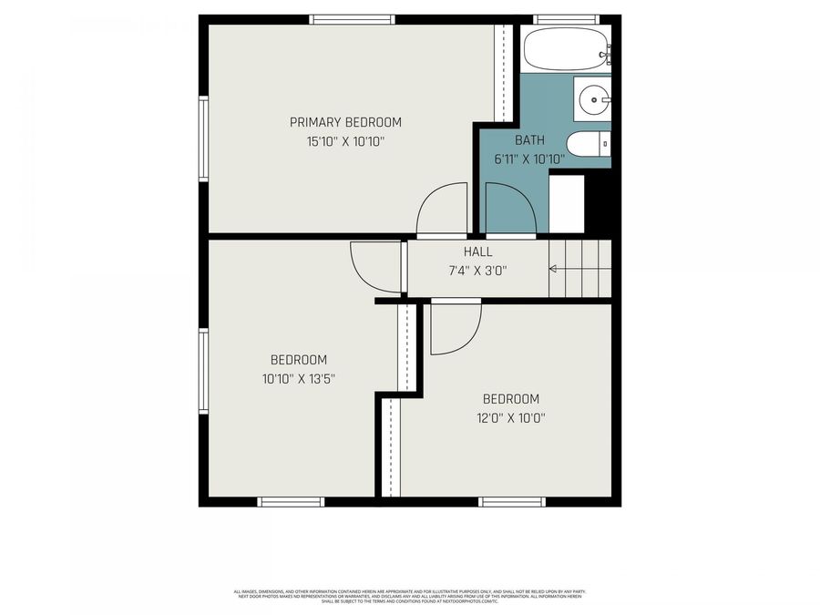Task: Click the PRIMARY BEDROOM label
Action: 345,122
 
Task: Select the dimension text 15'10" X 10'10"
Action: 345,141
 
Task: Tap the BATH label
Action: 529,140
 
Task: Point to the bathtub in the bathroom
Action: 566,48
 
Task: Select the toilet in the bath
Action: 587,145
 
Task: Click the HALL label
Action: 477,252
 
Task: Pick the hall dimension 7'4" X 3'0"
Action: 477,270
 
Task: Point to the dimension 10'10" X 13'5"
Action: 298,378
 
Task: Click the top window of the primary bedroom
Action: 352,19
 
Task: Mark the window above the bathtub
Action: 565,19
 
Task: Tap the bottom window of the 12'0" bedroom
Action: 512,501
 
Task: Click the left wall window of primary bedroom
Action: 204,138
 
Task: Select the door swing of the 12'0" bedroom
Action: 455,328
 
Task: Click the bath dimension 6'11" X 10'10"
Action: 529,159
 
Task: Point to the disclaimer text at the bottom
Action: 409,596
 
